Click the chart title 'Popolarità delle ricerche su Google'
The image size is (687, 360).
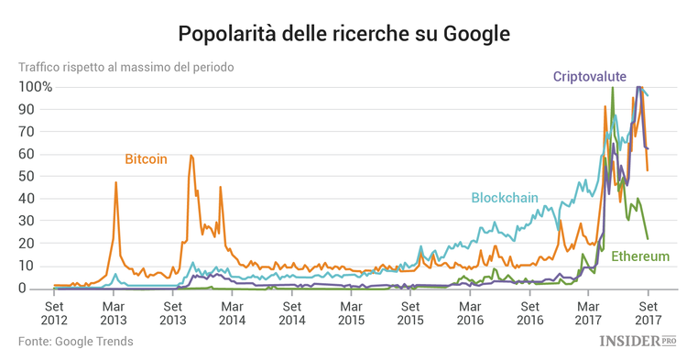click(x=343, y=34)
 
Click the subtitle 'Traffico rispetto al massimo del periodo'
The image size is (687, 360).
click(x=126, y=68)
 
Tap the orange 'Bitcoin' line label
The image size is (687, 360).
click(x=146, y=158)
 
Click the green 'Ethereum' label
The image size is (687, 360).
click(x=640, y=256)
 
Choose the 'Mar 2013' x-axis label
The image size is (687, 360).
click(x=114, y=314)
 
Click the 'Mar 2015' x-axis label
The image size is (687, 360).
click(x=351, y=314)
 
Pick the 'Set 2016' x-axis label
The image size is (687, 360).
click(x=529, y=314)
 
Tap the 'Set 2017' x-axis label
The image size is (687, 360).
click(x=648, y=314)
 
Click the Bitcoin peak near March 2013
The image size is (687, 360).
click(x=115, y=182)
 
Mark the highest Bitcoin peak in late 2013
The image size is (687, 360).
click(x=191, y=156)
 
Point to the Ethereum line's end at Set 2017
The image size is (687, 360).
click(x=648, y=239)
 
